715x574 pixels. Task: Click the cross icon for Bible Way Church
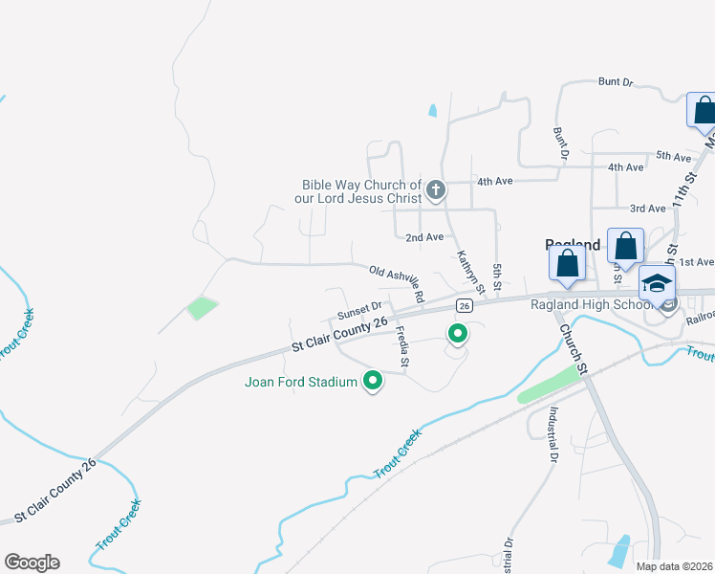435,190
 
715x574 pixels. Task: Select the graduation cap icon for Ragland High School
657,284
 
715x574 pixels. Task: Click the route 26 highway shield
464,305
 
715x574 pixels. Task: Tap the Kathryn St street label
470,272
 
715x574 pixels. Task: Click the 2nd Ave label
424,236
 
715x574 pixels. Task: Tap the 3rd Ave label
647,208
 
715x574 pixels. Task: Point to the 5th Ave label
673,156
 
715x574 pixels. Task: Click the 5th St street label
497,278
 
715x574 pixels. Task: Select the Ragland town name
572,245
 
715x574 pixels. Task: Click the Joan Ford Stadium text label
300,383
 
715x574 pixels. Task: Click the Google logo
32,562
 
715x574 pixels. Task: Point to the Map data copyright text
674,566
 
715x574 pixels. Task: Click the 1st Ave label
697,261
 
